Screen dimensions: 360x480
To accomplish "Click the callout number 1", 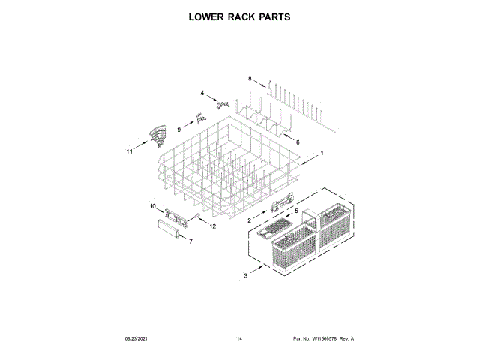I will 322,153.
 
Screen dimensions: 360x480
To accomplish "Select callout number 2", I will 250,220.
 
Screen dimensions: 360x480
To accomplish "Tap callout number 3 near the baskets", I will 245,277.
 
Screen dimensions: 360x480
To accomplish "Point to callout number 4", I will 202,93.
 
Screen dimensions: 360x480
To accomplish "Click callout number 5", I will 295,211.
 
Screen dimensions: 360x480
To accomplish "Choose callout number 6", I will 297,142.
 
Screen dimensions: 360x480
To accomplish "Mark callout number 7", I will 190,242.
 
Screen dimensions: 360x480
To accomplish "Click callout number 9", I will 179,129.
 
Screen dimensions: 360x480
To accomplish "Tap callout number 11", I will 129,151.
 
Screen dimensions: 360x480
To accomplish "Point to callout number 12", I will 212,226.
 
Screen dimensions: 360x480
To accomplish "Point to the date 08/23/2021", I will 137,339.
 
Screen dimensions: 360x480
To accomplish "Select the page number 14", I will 239,339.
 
